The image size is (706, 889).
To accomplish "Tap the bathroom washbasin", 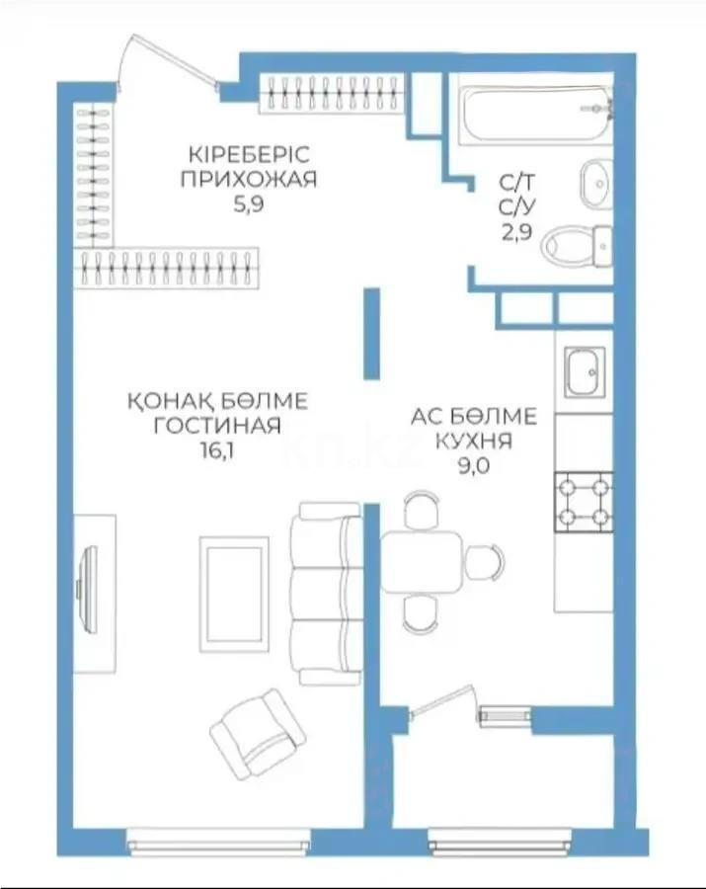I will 595,182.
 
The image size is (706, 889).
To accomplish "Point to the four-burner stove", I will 583,502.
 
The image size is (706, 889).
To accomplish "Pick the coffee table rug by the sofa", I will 233,594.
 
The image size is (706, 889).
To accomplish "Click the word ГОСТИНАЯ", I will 217,426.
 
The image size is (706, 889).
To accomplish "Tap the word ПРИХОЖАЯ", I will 249,179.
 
